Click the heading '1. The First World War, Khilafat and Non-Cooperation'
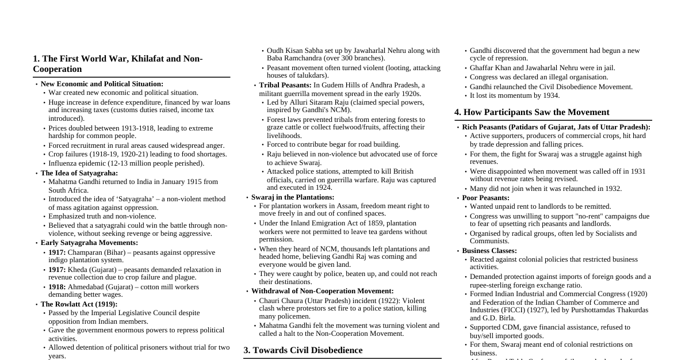[118, 64]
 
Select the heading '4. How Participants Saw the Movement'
[531, 112]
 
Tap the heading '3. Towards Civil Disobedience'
[303, 350]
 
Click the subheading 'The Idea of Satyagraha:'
[79, 173]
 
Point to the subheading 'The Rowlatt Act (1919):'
[79, 304]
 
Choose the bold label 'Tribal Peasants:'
[285, 85]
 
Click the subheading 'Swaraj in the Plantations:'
[293, 197]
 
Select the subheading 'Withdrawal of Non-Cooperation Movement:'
[323, 291]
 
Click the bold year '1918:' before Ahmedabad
[57, 287]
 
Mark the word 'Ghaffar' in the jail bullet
[483, 68]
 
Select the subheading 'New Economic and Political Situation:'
[102, 84]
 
